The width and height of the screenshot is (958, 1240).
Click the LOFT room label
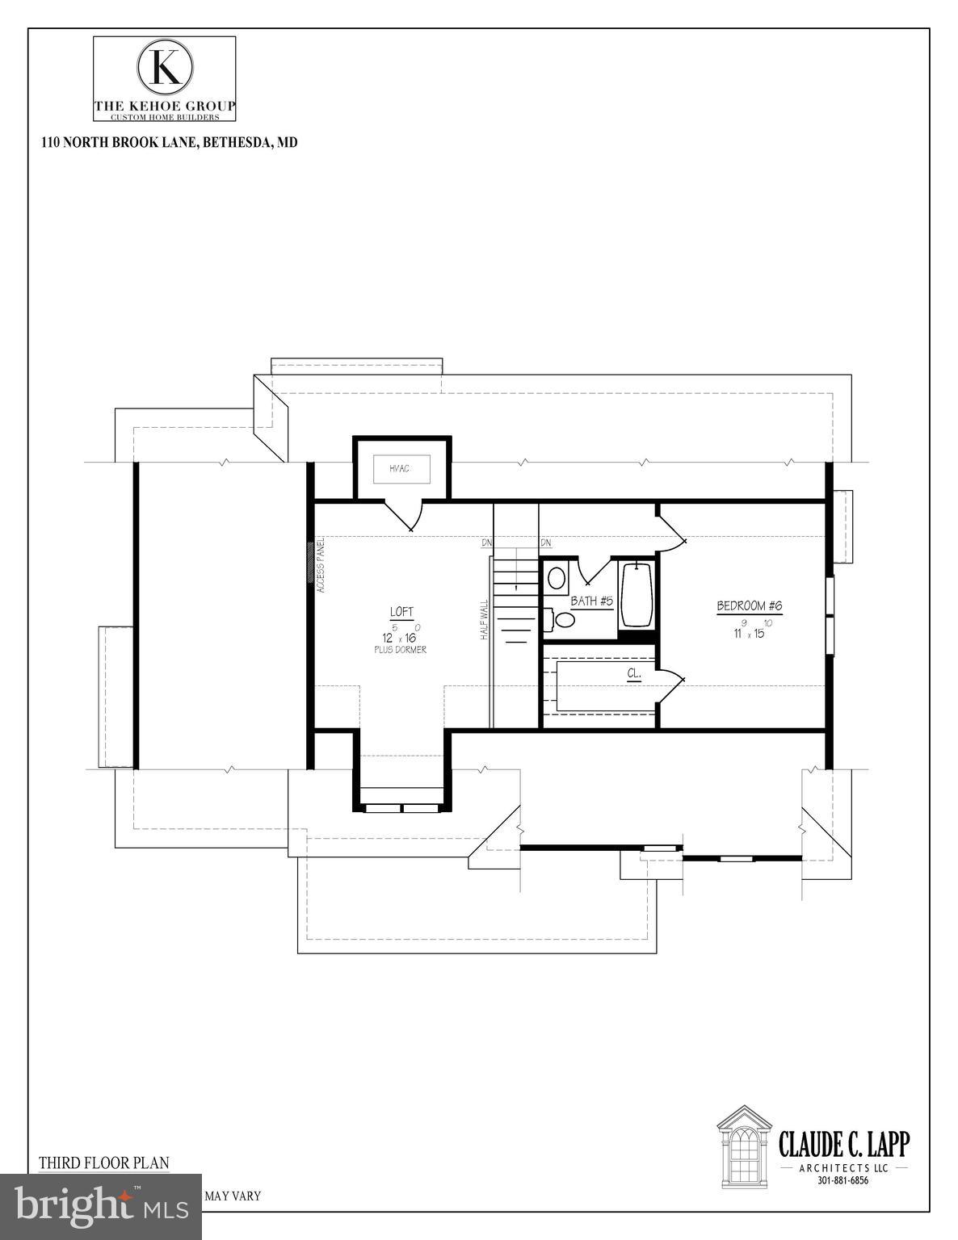pos(401,612)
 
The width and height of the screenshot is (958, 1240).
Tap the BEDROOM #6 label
pos(750,606)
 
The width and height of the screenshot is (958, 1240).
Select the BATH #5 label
pos(592,601)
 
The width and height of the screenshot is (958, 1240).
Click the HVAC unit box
pos(401,468)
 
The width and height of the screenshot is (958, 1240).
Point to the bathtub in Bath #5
pos(637,594)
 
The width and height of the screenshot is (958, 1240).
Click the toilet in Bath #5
pos(564,619)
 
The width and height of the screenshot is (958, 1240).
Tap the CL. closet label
pos(634,672)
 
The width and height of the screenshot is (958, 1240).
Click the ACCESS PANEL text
pos(321,566)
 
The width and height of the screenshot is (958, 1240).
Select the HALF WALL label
pos(485,619)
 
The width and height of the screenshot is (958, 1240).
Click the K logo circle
pos(165,68)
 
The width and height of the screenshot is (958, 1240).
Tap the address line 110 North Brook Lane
pos(170,142)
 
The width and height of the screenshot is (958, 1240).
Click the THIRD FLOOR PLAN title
pos(104,1162)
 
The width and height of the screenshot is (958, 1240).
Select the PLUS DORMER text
pos(400,650)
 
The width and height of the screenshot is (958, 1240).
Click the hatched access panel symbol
pos(310,560)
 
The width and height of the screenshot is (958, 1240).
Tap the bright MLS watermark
pos(100,1206)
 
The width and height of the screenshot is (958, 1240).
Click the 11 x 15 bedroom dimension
pos(749,633)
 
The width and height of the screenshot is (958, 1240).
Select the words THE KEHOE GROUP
pos(165,106)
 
